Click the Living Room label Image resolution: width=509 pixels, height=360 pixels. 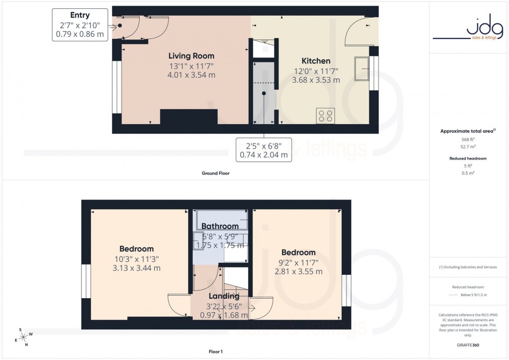(x=191, y=56)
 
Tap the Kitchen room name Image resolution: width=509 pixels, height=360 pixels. (x=316, y=61)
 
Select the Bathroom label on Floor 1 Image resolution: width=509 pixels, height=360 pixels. (x=220, y=226)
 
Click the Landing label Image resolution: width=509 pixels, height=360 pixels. (x=224, y=296)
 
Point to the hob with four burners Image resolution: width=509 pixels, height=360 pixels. (x=325, y=115)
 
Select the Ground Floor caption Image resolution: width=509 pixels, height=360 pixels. (x=216, y=173)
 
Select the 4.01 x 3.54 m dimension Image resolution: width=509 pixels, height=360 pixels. (x=191, y=75)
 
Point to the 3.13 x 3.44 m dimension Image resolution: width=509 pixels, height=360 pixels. (x=136, y=268)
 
